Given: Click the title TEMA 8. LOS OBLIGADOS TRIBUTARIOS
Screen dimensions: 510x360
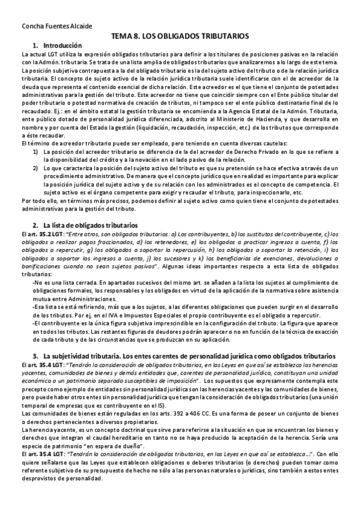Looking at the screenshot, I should pos(180,35).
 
